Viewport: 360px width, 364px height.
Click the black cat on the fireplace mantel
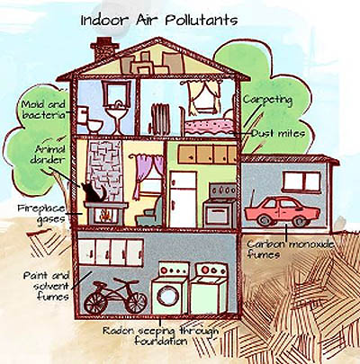93,192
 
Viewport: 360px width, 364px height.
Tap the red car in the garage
282,211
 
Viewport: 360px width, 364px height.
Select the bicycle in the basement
116,296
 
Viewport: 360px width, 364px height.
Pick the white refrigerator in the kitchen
183,199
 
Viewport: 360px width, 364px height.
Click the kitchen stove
220,206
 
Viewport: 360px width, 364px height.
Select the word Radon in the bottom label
118,331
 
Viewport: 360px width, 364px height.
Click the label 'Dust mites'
278,133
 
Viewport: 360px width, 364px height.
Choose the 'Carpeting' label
267,100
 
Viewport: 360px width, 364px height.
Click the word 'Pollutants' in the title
202,21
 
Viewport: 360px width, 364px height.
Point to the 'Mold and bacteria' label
44,110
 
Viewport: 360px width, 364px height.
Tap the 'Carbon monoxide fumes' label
290,249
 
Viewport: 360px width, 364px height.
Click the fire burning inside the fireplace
104,215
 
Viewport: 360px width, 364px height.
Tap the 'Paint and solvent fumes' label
48,286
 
